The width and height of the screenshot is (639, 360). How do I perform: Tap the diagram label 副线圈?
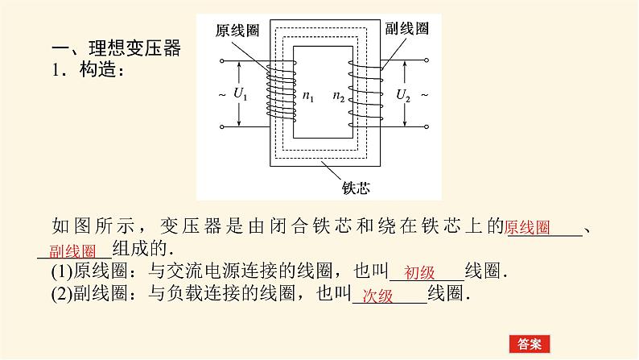tap(406, 28)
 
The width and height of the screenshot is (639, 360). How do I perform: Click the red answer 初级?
tap(420, 272)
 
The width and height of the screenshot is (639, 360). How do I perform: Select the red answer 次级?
tap(377, 296)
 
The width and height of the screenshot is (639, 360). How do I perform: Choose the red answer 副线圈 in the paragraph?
tap(72, 250)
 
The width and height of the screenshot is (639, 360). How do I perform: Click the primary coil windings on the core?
tap(278, 93)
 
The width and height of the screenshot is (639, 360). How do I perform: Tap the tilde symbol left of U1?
tap(221, 95)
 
